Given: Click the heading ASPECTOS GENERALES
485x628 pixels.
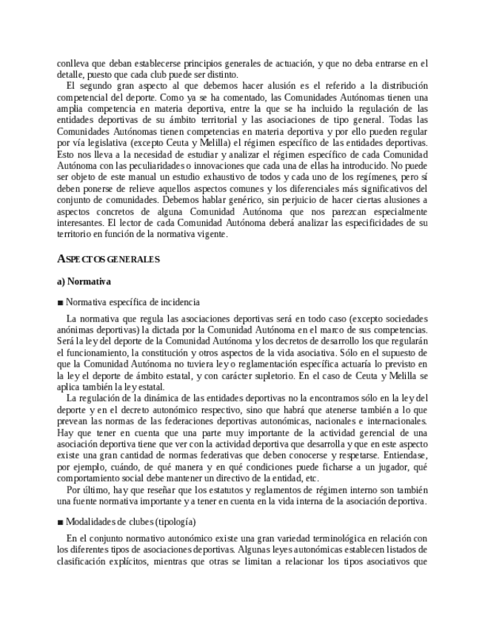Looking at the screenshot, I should tap(108, 260).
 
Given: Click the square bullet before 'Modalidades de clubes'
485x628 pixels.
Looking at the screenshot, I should tap(60, 521).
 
